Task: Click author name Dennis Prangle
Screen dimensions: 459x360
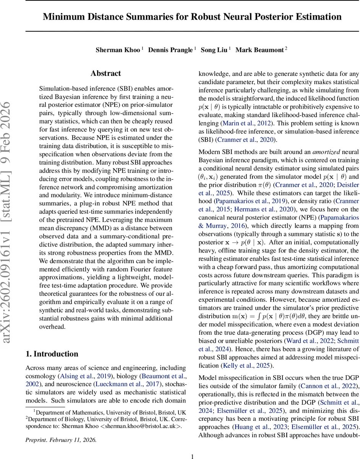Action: click(x=170, y=50)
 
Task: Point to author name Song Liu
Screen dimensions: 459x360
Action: click(x=214, y=50)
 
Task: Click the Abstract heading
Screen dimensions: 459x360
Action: click(x=105, y=73)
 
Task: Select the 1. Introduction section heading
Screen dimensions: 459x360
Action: click(x=52, y=353)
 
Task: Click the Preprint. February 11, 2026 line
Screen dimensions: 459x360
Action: click(x=61, y=440)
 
